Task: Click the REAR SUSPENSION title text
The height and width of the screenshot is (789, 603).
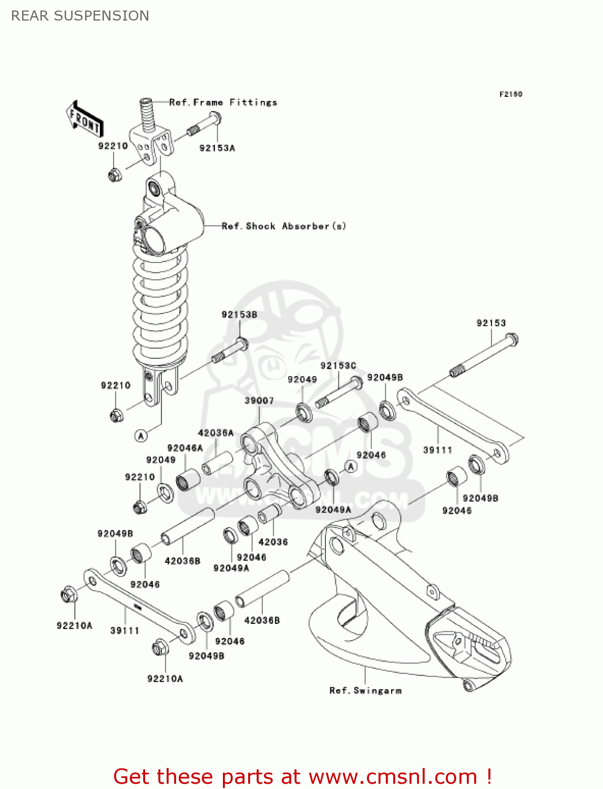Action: pos(80,16)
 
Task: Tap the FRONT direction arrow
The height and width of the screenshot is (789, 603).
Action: pos(85,120)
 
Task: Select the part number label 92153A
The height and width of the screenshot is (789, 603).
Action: pos(217,148)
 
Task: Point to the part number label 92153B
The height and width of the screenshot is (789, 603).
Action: pos(239,315)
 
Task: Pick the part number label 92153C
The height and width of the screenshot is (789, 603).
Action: pos(338,366)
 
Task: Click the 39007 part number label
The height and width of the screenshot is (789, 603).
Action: pos(259,401)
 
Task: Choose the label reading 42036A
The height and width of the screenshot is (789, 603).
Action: pos(216,433)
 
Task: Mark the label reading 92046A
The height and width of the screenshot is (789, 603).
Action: pos(185,448)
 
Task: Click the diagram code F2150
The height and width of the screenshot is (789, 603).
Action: pos(510,94)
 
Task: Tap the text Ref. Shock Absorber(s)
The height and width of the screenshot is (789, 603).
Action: pos(284,226)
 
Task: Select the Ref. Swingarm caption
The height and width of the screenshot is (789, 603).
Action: pos(365,691)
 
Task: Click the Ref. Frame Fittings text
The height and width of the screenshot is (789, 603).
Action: pos(223,103)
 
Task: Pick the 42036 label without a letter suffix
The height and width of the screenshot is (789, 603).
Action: pos(273,542)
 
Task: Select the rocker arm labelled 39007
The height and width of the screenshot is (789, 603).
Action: pos(279,468)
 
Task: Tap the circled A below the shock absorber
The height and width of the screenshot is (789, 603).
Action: pos(140,436)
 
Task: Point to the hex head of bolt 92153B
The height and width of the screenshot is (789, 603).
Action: pos(242,345)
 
